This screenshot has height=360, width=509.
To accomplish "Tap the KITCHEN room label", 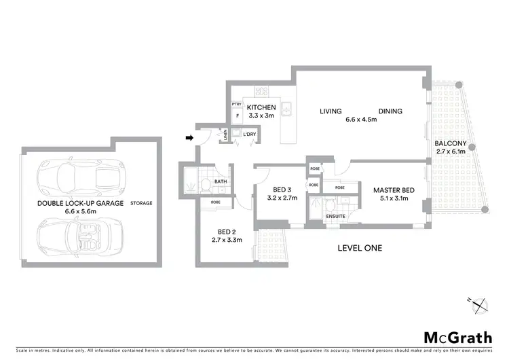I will [261, 108].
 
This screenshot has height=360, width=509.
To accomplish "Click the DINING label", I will [390, 111].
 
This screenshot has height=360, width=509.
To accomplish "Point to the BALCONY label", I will [451, 143].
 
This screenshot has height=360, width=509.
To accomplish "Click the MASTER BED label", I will [392, 190].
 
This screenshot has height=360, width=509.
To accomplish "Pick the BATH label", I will [221, 181].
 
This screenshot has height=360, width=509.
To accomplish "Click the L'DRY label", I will [249, 134].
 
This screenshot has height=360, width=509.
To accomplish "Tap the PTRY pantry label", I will [237, 104].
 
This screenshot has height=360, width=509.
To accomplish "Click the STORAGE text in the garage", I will [142, 203].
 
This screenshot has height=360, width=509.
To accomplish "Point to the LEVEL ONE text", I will [360, 248].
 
